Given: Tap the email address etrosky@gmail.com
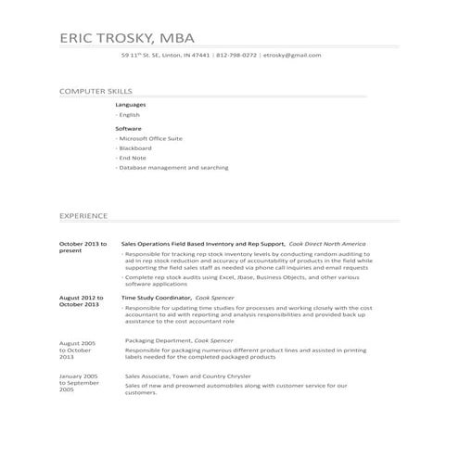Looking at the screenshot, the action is click(292, 56).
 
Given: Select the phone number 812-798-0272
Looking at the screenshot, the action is click(236, 56).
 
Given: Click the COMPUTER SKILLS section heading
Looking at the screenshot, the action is click(96, 92).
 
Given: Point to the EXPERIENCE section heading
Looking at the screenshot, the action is click(83, 214).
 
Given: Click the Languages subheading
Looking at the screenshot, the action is click(131, 105).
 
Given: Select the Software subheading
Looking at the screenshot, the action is click(128, 127).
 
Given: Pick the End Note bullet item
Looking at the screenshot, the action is click(133, 158).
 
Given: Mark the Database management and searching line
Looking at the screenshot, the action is click(173, 168).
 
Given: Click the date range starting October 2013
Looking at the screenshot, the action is click(83, 247).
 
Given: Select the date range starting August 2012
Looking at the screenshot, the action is click(81, 300).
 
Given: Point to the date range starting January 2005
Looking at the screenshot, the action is click(80, 382).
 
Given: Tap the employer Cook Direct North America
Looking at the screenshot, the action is click(326, 243).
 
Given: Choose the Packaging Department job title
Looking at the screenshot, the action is click(152, 340).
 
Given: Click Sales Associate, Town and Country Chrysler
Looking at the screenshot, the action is click(188, 376).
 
